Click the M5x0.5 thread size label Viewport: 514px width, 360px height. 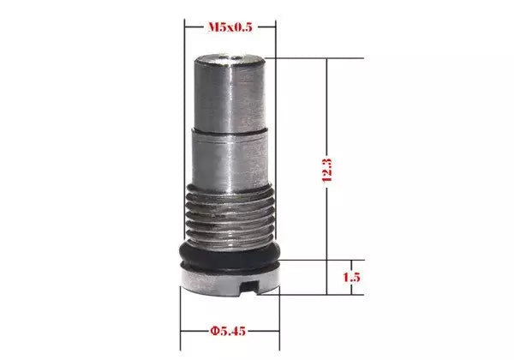(x=230, y=27)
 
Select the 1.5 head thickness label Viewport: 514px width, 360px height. (x=350, y=277)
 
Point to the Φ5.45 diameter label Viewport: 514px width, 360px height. (x=230, y=328)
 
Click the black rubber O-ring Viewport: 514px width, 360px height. (x=230, y=255)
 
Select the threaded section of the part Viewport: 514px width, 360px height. (x=230, y=216)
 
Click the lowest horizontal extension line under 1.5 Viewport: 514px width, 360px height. (x=326, y=293)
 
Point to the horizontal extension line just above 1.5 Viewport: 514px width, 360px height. (x=326, y=260)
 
